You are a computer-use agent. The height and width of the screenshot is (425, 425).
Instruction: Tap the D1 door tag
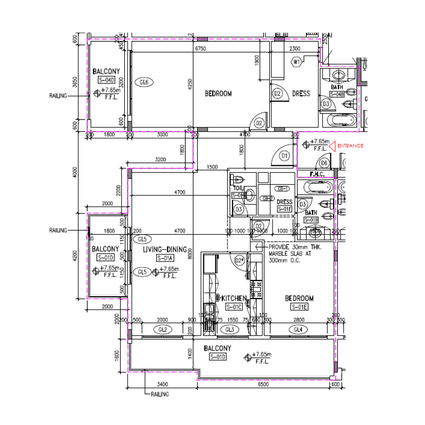click(x=284, y=156)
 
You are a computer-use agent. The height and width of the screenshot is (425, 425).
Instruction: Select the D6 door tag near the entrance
click(x=324, y=163)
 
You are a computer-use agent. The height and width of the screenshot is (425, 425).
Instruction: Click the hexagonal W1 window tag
click(x=296, y=62)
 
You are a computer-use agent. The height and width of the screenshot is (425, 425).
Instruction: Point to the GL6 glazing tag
click(x=143, y=82)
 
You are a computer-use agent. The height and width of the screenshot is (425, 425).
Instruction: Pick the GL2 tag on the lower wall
click(x=163, y=330)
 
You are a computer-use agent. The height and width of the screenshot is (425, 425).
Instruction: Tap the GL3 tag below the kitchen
click(x=229, y=330)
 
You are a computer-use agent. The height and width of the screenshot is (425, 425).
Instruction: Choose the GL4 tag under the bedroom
click(x=298, y=330)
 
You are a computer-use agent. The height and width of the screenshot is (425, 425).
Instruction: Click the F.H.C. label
click(x=321, y=174)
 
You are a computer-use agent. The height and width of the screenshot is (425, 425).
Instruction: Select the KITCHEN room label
click(x=234, y=299)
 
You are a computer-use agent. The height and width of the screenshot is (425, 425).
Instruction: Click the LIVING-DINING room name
click(x=165, y=249)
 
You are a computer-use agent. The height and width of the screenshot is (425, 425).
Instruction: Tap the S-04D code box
click(x=106, y=80)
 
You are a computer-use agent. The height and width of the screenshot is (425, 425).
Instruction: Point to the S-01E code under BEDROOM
click(x=299, y=307)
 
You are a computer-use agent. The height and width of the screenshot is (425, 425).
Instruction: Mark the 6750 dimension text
click(x=200, y=48)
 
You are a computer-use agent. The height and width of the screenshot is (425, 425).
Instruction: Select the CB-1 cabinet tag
click(x=282, y=189)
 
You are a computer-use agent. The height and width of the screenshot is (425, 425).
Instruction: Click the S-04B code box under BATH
click(x=337, y=94)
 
